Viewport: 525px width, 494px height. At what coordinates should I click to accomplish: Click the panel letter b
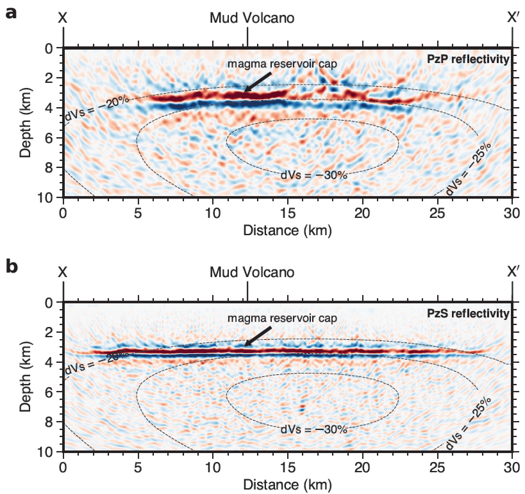(x=12, y=267)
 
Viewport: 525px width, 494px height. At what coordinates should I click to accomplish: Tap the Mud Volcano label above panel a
(x=252, y=18)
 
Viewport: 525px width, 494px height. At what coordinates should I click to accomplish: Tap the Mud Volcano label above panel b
(x=252, y=272)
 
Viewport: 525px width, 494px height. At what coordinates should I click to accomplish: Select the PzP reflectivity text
(x=468, y=59)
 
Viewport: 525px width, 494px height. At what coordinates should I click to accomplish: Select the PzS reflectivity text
(x=468, y=313)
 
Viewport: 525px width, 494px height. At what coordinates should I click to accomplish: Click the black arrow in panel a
(x=258, y=82)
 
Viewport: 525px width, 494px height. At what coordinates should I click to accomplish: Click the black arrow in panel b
(x=258, y=336)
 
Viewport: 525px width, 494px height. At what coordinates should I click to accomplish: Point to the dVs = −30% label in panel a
(x=314, y=175)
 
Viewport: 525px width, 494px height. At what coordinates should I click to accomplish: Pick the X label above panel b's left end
(x=63, y=272)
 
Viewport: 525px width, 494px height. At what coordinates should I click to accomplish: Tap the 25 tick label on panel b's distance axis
(x=437, y=467)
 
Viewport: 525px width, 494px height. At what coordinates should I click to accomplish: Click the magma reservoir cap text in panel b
(x=282, y=318)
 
